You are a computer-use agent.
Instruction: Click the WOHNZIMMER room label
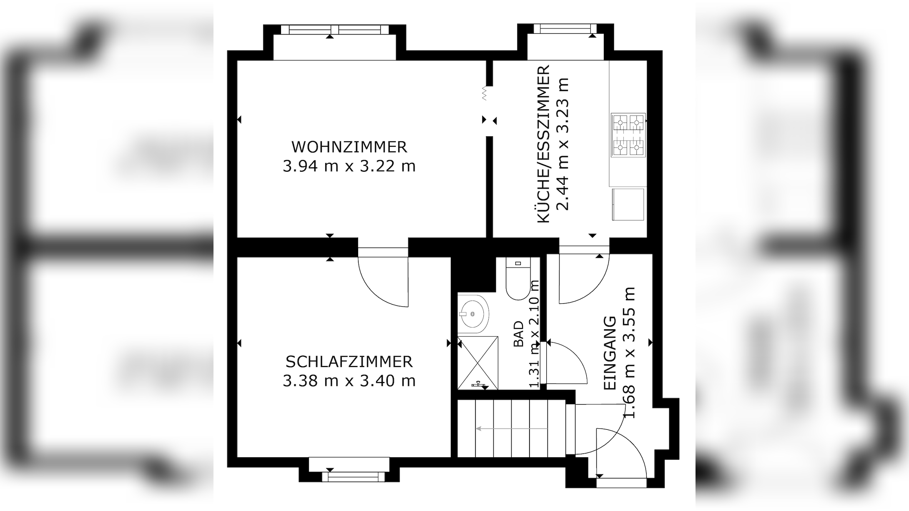pos(349,147)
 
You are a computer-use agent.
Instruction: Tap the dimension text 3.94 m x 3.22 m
pos(349,166)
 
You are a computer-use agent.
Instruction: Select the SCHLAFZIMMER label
pos(349,362)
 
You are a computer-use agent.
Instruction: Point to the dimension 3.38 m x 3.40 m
pos(349,381)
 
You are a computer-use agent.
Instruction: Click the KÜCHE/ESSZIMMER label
pos(543,144)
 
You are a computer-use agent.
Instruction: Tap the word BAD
pos(518,334)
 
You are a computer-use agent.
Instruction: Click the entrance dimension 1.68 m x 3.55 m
pos(629,353)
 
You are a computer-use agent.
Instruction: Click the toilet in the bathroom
pos(517,278)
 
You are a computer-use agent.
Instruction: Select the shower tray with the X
pos(478,363)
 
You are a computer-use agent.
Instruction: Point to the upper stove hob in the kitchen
pos(628,123)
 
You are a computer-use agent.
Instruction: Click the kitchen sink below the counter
pos(628,204)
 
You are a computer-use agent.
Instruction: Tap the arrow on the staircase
pos(512,428)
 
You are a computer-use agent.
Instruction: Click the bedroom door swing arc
pos(375,294)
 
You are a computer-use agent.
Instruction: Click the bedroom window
pos(354,476)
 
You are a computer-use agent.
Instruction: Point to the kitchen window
pos(565,29)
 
